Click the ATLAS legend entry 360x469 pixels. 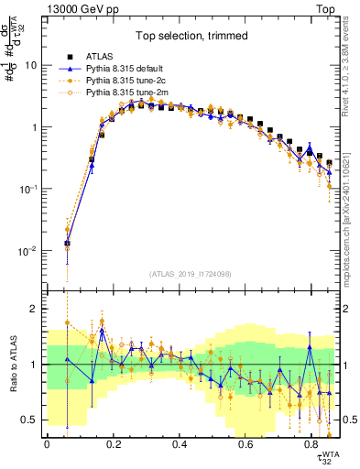click(x=101, y=57)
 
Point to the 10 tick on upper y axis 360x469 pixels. click(x=33, y=66)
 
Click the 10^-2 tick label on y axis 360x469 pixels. click(x=30, y=251)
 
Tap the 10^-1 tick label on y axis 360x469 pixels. click(x=30, y=190)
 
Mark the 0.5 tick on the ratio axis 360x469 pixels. click(x=31, y=420)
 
